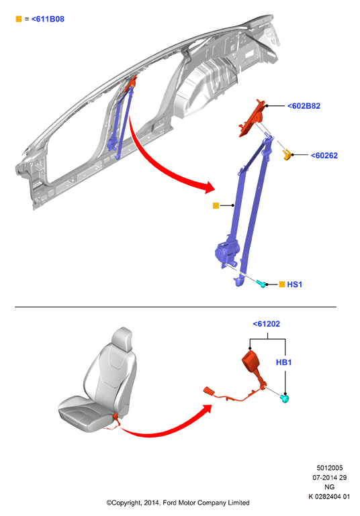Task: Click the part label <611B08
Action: coord(48,19)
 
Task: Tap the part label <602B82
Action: coord(304,106)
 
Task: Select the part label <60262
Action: coord(324,155)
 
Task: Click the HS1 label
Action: coord(294,285)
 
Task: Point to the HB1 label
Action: coord(283,362)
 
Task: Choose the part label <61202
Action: coord(266,324)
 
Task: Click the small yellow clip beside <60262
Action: coord(287,154)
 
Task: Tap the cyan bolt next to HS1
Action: coord(261,283)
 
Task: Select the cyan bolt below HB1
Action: coord(284,399)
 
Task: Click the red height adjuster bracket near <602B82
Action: coord(253,118)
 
